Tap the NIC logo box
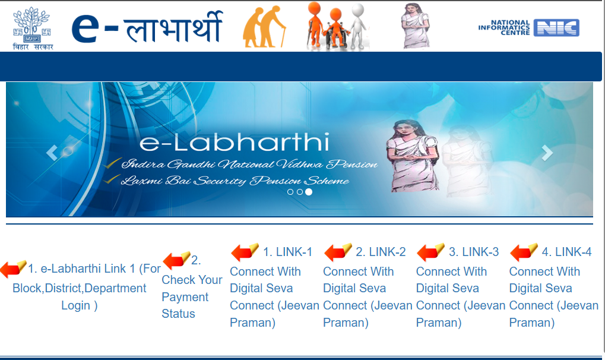[x=556, y=28]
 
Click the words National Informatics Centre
[x=504, y=28]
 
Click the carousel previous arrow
[x=52, y=153]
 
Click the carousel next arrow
[x=547, y=153]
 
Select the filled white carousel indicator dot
[x=309, y=192]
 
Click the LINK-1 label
[x=287, y=252]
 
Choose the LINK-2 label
[x=381, y=252]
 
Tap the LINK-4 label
[x=566, y=252]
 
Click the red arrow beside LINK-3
[x=430, y=252]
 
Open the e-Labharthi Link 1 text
[x=80, y=288]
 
